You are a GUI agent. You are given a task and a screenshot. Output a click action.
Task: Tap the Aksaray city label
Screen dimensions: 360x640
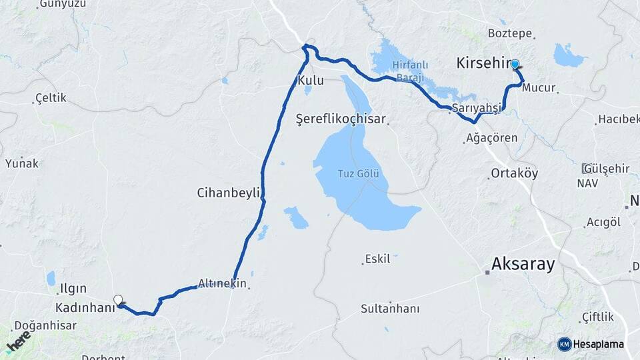point(523,264)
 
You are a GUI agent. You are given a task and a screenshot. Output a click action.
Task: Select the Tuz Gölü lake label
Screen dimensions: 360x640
point(358,174)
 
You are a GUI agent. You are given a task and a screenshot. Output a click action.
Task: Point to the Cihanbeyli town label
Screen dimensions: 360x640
point(228,193)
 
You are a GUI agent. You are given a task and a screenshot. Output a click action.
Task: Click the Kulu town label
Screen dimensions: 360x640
point(310,81)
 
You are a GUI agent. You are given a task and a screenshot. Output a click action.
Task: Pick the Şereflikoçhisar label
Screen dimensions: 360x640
point(341,119)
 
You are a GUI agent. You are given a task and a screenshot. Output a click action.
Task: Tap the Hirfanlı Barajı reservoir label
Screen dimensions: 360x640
point(411,71)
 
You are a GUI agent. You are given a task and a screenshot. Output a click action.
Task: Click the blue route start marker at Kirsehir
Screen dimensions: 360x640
point(515,64)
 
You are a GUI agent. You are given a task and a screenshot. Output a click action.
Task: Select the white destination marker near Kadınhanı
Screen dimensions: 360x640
point(118,301)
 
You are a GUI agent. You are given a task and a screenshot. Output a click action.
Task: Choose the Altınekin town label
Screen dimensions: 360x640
point(223,283)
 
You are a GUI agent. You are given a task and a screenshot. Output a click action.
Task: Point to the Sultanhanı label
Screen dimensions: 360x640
point(390,309)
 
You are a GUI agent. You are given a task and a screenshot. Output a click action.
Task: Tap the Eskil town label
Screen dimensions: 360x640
point(377,259)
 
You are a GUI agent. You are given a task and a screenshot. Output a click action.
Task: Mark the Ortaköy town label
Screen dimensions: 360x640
point(514,173)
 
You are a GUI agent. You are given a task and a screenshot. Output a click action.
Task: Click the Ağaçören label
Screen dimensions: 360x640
point(491,139)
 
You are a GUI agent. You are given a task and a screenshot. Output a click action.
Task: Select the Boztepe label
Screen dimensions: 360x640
point(509,33)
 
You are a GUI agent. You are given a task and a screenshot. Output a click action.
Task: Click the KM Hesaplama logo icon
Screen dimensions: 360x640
point(564,344)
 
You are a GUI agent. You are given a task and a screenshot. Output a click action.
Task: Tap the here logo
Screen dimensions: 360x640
point(18,343)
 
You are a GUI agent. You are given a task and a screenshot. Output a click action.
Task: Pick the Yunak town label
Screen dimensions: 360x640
point(22,163)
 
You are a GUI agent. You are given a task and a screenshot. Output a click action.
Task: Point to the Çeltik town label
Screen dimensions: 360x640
point(51,98)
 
